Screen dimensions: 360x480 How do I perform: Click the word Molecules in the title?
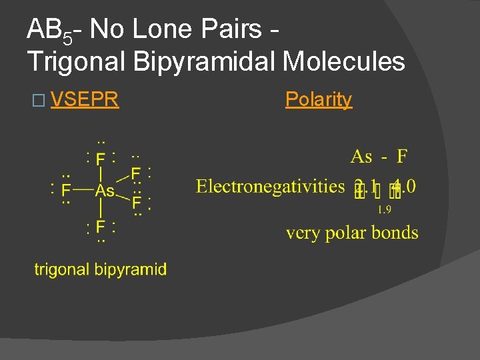tap(344, 61)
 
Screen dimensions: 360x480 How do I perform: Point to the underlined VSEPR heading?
tap(84, 100)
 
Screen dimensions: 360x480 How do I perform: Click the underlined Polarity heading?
tap(318, 99)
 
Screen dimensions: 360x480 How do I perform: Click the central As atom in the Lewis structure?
tap(104, 191)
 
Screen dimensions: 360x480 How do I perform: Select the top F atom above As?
tap(100, 159)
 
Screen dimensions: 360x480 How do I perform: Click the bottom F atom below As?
tap(100, 227)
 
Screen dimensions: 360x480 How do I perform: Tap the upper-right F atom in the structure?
tap(136, 173)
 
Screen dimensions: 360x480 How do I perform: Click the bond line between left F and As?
tap(83, 190)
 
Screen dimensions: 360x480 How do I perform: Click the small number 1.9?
tap(384, 211)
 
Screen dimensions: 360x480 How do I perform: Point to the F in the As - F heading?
tap(402, 157)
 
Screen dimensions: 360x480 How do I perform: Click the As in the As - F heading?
tap(361, 157)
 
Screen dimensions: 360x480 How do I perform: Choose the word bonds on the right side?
tap(398, 233)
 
